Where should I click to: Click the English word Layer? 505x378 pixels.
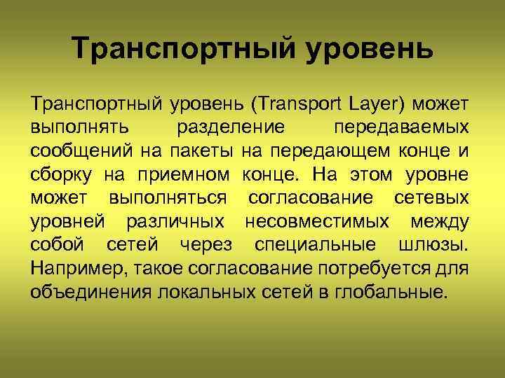click(372, 105)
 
